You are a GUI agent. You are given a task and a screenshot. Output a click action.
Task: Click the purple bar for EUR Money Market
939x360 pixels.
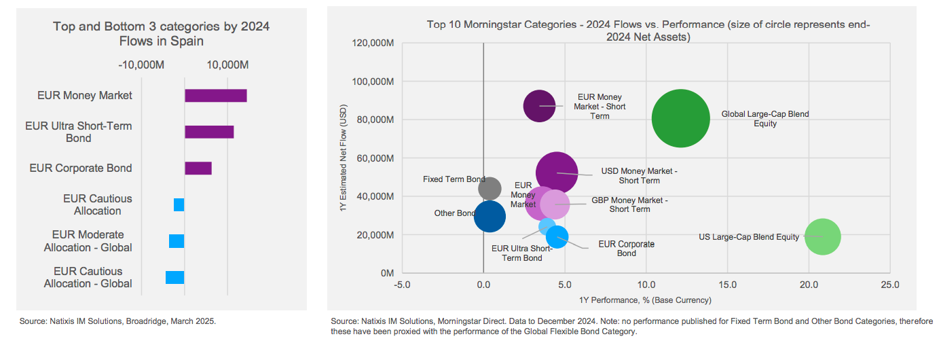pyautogui.click(x=215, y=96)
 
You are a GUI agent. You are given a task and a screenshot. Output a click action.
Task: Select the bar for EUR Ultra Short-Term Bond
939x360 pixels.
pyautogui.click(x=209, y=132)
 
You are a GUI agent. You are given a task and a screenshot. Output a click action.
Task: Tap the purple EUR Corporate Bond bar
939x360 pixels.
pyautogui.click(x=198, y=168)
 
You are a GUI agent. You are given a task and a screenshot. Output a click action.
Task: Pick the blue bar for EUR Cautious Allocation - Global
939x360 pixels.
pyautogui.click(x=175, y=277)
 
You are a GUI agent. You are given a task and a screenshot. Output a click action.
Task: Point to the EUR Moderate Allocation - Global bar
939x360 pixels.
pyautogui.click(x=177, y=241)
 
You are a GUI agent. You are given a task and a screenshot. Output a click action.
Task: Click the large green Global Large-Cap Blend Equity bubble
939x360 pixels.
pyautogui.click(x=681, y=118)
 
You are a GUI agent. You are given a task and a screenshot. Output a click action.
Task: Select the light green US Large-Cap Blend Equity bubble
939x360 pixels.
pyautogui.click(x=822, y=237)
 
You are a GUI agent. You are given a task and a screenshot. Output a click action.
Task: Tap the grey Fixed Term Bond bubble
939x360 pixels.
pyautogui.click(x=490, y=188)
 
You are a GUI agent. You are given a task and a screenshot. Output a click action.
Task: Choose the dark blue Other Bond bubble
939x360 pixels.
pyautogui.click(x=490, y=217)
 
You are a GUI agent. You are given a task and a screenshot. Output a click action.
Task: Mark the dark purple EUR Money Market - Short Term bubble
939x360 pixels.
pyautogui.click(x=540, y=106)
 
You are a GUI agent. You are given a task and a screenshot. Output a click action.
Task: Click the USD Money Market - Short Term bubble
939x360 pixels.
pyautogui.click(x=557, y=173)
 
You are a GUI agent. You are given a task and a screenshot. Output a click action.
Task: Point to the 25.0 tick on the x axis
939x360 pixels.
pyautogui.click(x=889, y=285)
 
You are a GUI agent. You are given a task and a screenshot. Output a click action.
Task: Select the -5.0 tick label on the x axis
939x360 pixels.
pyautogui.click(x=402, y=285)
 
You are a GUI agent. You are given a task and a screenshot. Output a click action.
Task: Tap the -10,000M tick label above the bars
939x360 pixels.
pyautogui.click(x=141, y=65)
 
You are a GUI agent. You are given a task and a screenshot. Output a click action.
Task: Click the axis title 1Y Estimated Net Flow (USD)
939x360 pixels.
pyautogui.click(x=344, y=158)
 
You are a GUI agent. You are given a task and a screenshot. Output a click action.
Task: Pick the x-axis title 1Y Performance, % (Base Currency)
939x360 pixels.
pyautogui.click(x=645, y=300)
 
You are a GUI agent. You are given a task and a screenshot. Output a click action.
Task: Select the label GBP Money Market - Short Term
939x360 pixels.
pyautogui.click(x=629, y=204)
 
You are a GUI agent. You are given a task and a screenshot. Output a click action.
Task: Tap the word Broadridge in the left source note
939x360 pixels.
pyautogui.click(x=139, y=321)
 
